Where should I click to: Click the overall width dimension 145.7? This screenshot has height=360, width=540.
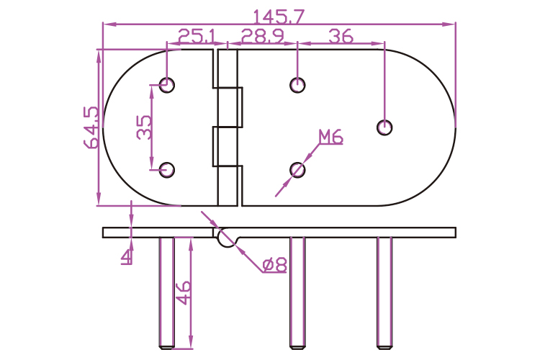click(x=279, y=16)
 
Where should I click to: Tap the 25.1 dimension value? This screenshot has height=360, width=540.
click(x=197, y=36)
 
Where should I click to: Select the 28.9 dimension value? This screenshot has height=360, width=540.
click(x=262, y=36)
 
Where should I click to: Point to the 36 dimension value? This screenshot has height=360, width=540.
click(x=341, y=36)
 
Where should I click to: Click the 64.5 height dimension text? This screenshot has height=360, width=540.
click(x=91, y=127)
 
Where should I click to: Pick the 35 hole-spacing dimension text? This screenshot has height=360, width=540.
click(x=144, y=127)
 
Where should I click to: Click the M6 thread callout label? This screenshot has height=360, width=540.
click(x=330, y=137)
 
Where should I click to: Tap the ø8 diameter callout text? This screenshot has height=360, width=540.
click(x=274, y=265)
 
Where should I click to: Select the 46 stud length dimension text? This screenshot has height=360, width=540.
click(x=183, y=293)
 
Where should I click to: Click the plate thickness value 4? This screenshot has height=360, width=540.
click(x=127, y=256)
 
